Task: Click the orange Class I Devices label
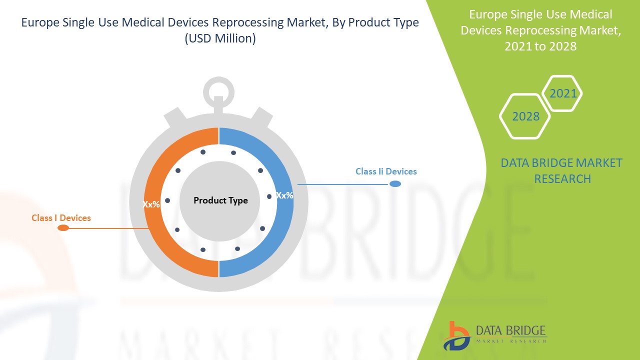pos(61,218)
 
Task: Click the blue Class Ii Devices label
pos(386,171)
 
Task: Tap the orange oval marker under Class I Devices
pos(63,228)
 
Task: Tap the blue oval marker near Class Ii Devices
pos(395,184)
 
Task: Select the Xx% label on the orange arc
pos(151,204)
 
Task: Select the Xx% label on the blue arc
pos(284,195)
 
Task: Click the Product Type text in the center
pos(220,200)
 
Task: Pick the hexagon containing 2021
pos(562,93)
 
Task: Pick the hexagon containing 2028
pos(525,116)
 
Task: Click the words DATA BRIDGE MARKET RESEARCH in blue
pos(562,170)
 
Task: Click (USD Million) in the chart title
pos(220,38)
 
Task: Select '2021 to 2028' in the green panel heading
pos(540,46)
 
